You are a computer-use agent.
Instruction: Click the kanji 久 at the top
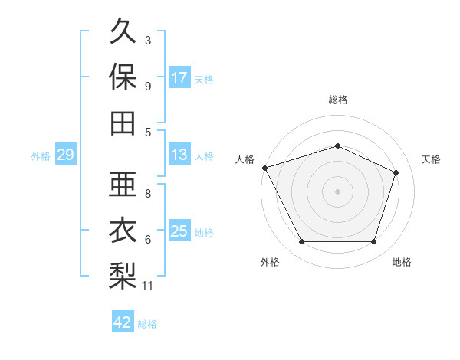click(123, 31)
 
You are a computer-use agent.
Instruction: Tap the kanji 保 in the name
click(123, 77)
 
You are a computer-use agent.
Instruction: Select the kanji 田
click(123, 123)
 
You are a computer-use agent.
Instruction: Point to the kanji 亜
click(123, 184)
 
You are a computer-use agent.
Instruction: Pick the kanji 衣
click(123, 230)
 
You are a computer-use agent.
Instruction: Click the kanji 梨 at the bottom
click(123, 276)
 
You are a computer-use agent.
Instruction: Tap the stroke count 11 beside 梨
click(147, 286)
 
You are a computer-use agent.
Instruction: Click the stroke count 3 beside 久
click(148, 40)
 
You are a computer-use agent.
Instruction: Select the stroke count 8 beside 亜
click(148, 194)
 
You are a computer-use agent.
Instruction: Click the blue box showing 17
click(179, 77)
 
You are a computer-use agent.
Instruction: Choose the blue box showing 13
click(179, 153)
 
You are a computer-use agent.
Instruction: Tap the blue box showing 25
click(179, 230)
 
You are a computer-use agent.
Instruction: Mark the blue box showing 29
click(66, 153)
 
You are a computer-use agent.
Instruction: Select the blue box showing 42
click(123, 321)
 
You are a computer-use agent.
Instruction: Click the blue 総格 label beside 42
click(147, 324)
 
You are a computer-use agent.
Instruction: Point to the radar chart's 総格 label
click(338, 100)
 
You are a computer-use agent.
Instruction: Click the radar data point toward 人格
click(265, 168)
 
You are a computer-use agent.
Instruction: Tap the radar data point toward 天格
click(396, 172)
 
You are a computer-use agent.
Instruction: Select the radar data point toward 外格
click(302, 241)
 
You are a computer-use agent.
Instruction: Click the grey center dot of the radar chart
click(337, 191)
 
